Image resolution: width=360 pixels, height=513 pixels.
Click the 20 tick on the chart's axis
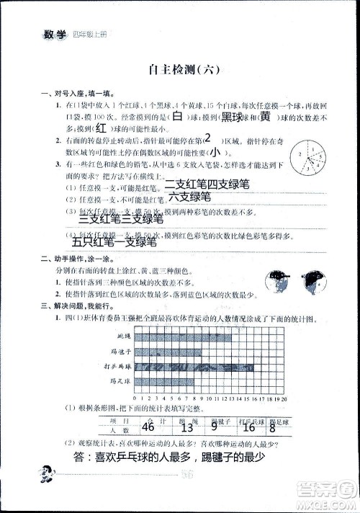pos(284,398)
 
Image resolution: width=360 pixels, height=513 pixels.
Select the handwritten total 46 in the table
pos(149,427)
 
